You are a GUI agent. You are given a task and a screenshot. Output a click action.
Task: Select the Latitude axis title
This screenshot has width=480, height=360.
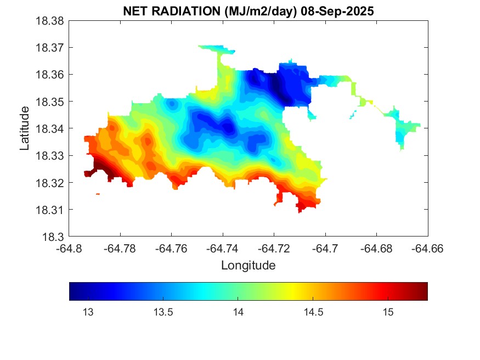coord(25,129)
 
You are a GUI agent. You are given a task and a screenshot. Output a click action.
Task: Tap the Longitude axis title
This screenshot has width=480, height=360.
coord(248,266)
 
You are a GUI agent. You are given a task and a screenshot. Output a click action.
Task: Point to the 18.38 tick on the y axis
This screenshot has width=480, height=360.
coord(50,21)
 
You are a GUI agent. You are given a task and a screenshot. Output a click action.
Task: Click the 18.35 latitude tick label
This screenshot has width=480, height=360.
coord(50,102)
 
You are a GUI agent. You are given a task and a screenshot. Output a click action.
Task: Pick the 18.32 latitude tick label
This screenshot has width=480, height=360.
coord(50,183)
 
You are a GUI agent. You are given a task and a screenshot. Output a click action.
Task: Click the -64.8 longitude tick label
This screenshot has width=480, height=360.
coord(70,249)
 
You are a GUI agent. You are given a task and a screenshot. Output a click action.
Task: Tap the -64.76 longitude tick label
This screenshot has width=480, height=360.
coord(172,249)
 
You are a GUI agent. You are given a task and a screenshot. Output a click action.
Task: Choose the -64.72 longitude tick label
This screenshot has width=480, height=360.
coord(274,249)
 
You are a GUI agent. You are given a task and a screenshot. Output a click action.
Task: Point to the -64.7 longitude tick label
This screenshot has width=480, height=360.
coord(325,249)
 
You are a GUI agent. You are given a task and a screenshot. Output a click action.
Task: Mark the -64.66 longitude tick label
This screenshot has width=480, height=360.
coord(428,249)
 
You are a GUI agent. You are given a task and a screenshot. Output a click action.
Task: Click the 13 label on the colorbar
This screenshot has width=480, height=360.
coord(87,313)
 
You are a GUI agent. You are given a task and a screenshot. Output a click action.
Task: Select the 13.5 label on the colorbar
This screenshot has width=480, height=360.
coord(162,313)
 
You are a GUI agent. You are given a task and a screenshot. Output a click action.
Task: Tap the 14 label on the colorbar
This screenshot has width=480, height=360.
coord(238,313)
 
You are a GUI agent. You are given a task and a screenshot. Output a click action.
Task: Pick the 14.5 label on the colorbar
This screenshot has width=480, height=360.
coord(313,313)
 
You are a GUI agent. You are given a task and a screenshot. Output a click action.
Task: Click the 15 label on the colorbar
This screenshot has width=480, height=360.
coord(388,313)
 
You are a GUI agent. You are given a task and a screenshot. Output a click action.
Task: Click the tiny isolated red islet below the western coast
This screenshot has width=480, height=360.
coord(98,194)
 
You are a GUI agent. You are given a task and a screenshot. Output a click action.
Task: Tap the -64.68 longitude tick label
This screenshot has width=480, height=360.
coord(376,249)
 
